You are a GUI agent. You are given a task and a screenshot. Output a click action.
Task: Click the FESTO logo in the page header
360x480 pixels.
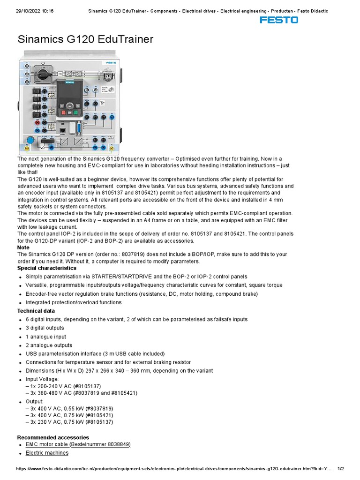(x=279, y=20)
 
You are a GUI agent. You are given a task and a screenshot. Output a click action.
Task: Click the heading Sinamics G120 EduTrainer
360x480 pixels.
(x=85, y=39)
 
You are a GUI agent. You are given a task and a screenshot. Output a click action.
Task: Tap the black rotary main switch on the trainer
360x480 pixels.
(x=43, y=74)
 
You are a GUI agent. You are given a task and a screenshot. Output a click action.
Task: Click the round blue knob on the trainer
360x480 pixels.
(x=30, y=139)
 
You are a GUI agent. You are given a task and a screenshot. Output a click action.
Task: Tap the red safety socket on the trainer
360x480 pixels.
(x=37, y=122)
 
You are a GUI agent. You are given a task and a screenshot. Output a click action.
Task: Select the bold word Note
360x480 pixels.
(x=23, y=247)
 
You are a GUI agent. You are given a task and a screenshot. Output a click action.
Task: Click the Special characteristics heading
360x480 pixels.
(x=47, y=268)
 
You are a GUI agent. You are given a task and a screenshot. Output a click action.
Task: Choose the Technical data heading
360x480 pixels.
(x=36, y=311)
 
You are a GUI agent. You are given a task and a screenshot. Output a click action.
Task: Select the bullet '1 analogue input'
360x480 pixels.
(x=46, y=337)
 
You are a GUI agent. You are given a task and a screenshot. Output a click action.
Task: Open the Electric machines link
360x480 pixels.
(x=47, y=453)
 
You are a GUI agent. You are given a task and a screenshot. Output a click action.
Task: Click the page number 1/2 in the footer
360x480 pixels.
(x=341, y=469)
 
